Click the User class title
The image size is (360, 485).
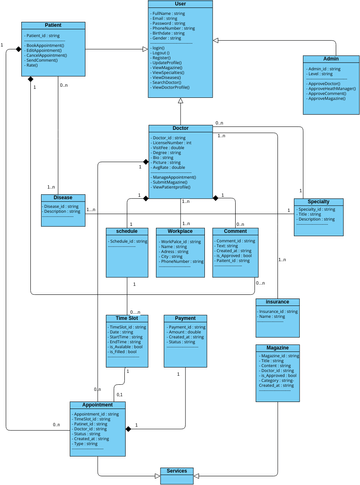pyautogui.click(x=180, y=5)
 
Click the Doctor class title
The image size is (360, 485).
pyautogui.click(x=180, y=128)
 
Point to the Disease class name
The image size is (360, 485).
pyautogui.click(x=62, y=197)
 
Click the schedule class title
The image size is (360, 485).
pyautogui.click(x=127, y=231)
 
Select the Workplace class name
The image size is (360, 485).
pyautogui.click(x=181, y=231)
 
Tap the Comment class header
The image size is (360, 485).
pyautogui.click(x=234, y=231)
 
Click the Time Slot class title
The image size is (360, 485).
pyautogui.click(x=127, y=318)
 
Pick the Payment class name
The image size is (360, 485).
pyautogui.click(x=185, y=318)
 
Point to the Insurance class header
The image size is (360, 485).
pyautogui.click(x=277, y=302)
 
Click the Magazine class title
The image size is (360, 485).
pyautogui.click(x=277, y=347)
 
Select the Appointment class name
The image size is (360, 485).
pyautogui.click(x=97, y=405)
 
